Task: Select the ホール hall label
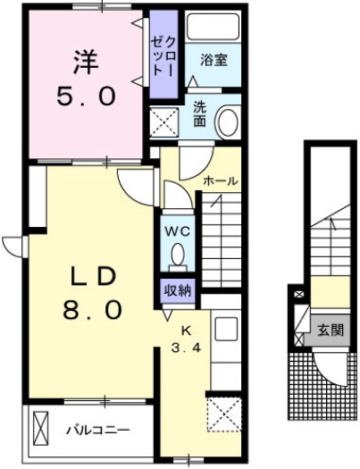click(220, 180)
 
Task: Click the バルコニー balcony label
click(97, 430)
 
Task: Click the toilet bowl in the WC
click(177, 257)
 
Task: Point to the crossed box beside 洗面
click(164, 121)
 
